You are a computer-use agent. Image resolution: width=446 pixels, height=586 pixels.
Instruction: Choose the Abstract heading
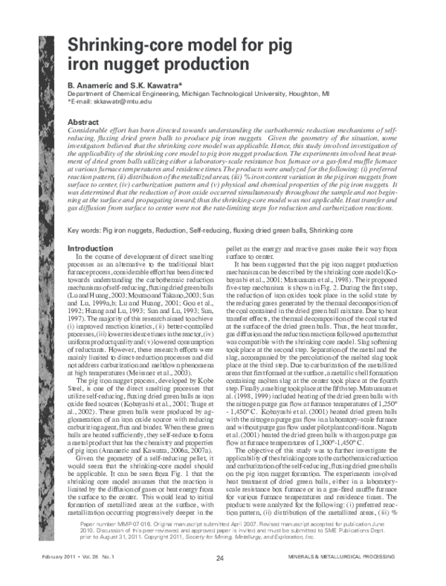[x=83, y=120]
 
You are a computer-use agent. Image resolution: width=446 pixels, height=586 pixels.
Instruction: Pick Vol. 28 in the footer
[x=94, y=556]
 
